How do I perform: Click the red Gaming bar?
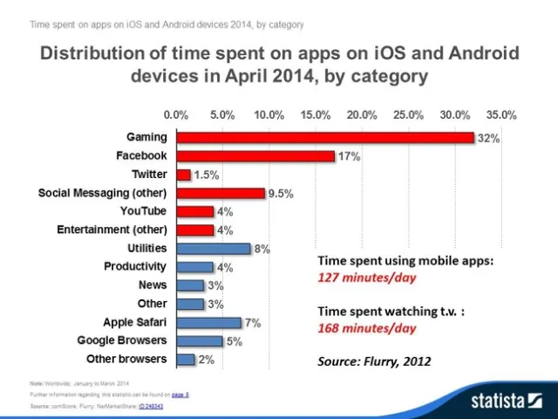tap(324, 138)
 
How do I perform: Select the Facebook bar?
tap(255, 156)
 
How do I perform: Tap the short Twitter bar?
tap(183, 175)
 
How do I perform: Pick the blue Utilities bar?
tap(214, 249)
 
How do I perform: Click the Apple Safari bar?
tap(209, 323)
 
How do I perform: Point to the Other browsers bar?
tap(186, 360)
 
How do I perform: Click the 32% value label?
tap(488, 139)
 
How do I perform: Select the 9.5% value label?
tap(280, 194)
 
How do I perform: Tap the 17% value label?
tap(350, 157)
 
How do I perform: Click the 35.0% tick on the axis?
tap(501, 114)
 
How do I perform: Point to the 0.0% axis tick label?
tap(176, 114)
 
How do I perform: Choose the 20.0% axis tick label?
tap(362, 114)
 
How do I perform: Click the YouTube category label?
tap(143, 211)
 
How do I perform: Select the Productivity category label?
tap(135, 266)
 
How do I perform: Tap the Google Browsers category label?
tap(122, 340)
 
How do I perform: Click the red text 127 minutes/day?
tap(366, 278)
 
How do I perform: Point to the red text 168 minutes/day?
tap(366, 328)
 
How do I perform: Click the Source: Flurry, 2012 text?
tap(373, 360)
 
